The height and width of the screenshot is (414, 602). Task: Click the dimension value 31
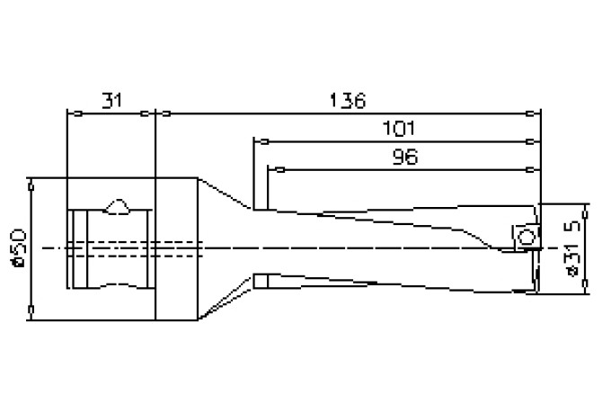[111, 100]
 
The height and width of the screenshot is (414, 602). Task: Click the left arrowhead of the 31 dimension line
[73, 113]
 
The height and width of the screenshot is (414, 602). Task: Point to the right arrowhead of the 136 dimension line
[537, 113]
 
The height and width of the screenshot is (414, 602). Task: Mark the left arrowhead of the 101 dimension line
[260, 140]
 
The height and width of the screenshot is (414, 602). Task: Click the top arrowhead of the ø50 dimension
[31, 183]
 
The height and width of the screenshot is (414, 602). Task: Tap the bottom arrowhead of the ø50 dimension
[31, 312]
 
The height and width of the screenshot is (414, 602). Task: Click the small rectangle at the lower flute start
[261, 282]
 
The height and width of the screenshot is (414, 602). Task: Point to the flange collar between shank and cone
[176, 248]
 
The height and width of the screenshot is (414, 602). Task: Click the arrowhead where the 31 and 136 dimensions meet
[156, 113]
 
